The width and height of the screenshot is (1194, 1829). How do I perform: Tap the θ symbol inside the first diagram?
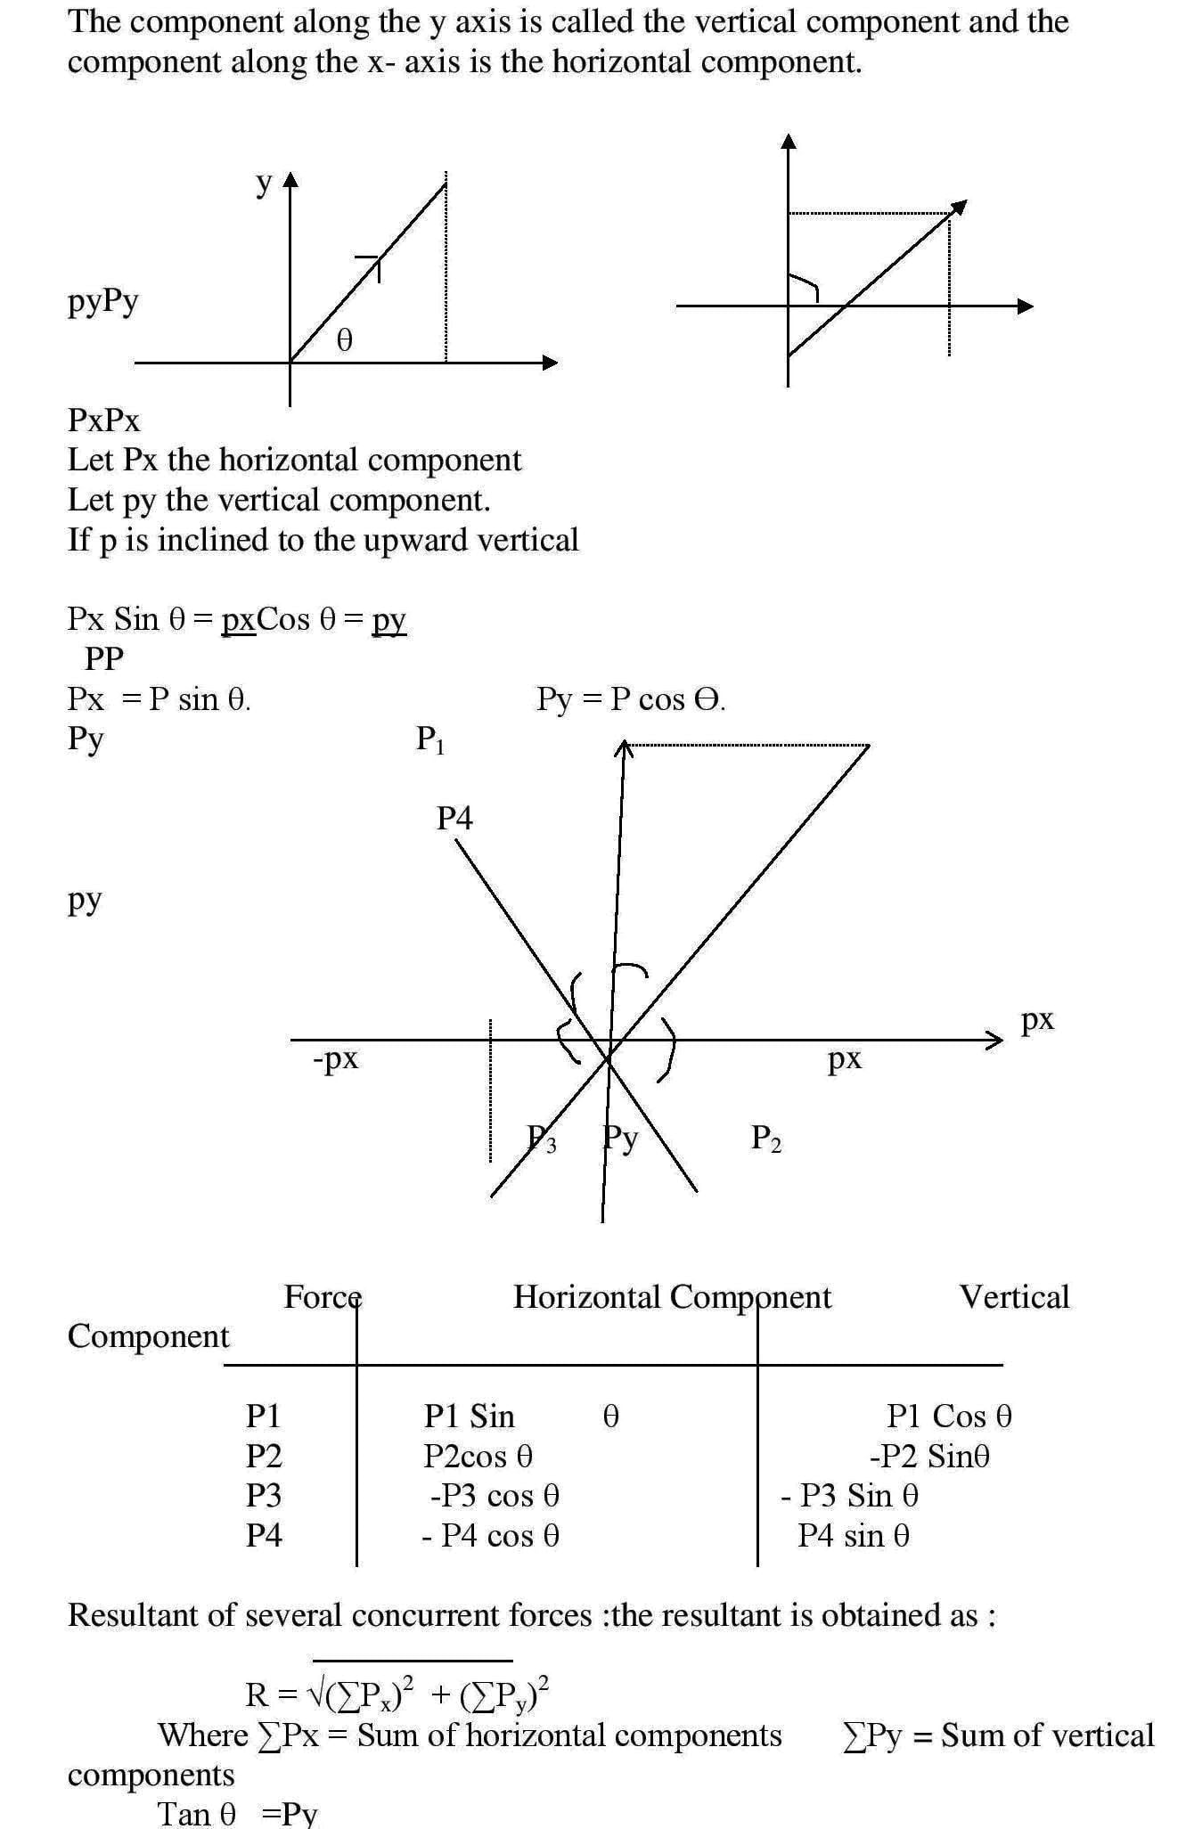pyautogui.click(x=344, y=340)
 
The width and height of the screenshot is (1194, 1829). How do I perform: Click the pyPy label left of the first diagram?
pyautogui.click(x=103, y=302)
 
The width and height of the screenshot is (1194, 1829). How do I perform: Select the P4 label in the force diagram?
pyautogui.click(x=454, y=818)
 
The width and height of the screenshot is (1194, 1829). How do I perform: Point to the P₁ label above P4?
pyautogui.click(x=430, y=739)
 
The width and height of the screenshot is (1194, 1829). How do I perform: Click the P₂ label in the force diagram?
pyautogui.click(x=766, y=1138)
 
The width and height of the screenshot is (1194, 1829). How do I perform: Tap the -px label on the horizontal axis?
pyautogui.click(x=336, y=1058)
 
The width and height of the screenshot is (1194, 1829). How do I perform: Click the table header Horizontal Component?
pyautogui.click(x=672, y=1297)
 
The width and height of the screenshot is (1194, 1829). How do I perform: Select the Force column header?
pyautogui.click(x=323, y=1297)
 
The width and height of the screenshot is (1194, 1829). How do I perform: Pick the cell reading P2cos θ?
pyautogui.click(x=478, y=1456)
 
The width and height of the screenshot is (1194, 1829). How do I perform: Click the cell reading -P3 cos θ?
pyautogui.click(x=495, y=1495)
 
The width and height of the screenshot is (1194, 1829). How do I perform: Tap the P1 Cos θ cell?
pyautogui.click(x=949, y=1416)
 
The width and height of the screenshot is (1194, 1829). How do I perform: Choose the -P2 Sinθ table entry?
pyautogui.click(x=929, y=1456)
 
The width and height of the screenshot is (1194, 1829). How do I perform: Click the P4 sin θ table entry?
pyautogui.click(x=854, y=1535)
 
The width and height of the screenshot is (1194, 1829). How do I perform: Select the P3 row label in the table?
pyautogui.click(x=264, y=1495)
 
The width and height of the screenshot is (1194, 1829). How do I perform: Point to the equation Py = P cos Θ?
pyautogui.click(x=631, y=699)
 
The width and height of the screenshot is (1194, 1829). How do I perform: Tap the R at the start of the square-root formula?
pyautogui.click(x=257, y=1694)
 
